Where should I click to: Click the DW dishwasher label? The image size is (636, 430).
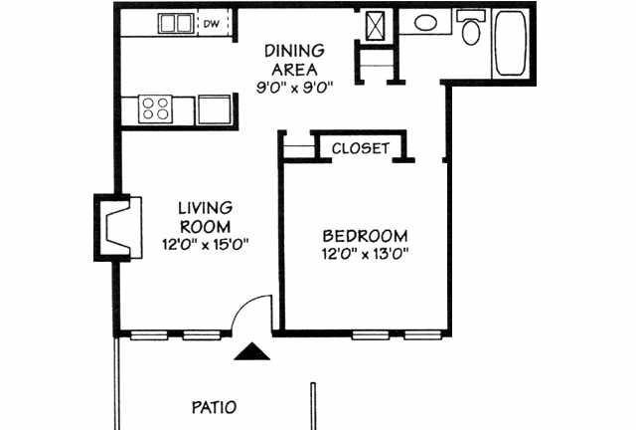(211, 24)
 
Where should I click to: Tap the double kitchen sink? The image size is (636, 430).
(175, 23)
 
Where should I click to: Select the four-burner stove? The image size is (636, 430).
(155, 108)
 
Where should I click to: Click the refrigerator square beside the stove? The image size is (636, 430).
(214, 109)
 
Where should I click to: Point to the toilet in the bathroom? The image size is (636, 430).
(471, 28)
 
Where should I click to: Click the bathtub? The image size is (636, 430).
(511, 43)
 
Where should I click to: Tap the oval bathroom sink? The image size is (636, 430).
(425, 23)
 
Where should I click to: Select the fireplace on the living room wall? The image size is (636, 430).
(118, 228)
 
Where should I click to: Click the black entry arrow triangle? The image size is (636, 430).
(251, 351)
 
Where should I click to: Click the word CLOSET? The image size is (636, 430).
(361, 148)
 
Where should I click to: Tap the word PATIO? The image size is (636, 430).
(214, 407)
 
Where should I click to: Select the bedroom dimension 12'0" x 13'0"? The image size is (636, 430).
(365, 255)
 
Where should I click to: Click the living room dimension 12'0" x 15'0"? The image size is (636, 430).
(205, 245)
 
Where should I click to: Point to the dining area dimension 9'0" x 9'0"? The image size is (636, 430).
(294, 88)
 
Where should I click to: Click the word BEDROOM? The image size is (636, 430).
(365, 236)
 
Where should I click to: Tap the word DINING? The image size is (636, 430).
(294, 51)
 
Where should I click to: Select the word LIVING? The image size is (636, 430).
(206, 208)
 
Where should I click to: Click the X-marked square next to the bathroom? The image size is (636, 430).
(375, 26)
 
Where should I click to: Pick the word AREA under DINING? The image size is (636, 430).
(294, 70)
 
